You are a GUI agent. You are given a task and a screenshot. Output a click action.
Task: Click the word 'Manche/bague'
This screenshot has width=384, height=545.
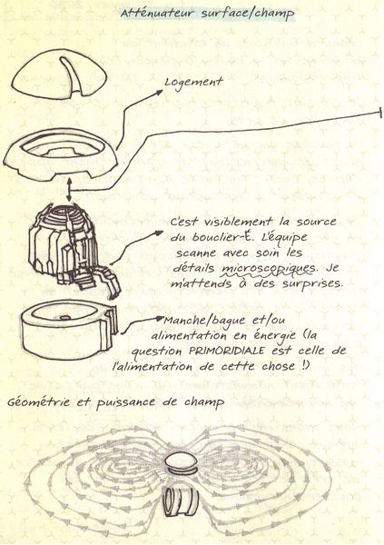point(202,321)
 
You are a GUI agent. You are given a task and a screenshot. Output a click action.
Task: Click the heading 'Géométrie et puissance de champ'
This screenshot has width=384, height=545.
point(116,401)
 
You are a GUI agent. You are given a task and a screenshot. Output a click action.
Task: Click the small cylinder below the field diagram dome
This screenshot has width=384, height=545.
point(183,499)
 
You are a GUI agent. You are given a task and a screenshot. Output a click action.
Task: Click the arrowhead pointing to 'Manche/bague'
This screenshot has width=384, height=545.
point(162,320)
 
